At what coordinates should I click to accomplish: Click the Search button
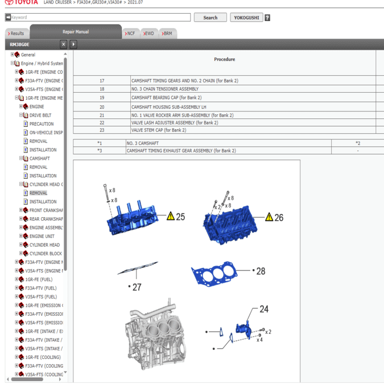[x=210, y=18]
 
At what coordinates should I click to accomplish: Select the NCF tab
[x=131, y=34]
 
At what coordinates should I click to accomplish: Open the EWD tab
[x=148, y=34]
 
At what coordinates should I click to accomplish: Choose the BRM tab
[x=167, y=34]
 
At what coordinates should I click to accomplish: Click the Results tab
[x=17, y=34]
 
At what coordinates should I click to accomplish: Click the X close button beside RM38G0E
[x=64, y=44]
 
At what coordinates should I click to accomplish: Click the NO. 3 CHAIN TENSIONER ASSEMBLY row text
[x=165, y=89]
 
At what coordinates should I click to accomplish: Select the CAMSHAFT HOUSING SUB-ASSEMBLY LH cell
[x=169, y=107]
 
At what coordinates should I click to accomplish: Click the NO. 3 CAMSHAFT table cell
[x=143, y=143]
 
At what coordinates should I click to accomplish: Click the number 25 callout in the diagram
[x=180, y=217]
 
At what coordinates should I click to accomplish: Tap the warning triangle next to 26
[x=269, y=217]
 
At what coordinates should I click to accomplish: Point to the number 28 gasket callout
[x=261, y=271]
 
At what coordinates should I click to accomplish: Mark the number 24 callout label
[x=264, y=309]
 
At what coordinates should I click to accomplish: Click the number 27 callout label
[x=137, y=287]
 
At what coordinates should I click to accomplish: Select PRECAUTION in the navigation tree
[x=42, y=124]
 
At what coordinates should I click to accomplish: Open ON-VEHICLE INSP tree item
[x=46, y=133]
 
